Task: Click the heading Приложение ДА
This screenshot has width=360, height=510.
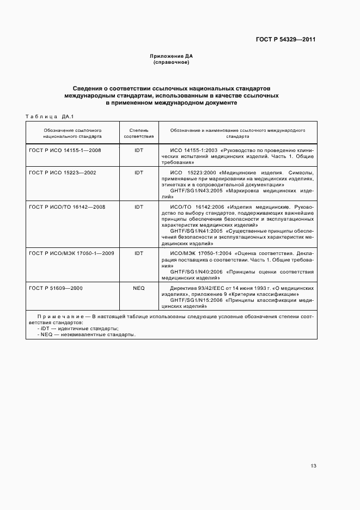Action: (171, 56)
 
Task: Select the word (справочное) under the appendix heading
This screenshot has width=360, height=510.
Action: (171, 62)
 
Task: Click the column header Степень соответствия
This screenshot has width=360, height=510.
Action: (138, 134)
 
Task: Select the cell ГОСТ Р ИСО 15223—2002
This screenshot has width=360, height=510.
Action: (62, 173)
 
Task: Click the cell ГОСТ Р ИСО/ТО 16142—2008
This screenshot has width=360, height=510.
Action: (67, 207)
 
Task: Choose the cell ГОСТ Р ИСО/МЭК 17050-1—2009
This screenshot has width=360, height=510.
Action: (71, 253)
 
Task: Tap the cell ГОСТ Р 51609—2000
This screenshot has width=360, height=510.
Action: (56, 288)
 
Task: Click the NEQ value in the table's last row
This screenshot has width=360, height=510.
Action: (138, 288)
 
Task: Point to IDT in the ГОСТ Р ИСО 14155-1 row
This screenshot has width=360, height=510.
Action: (138, 150)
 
